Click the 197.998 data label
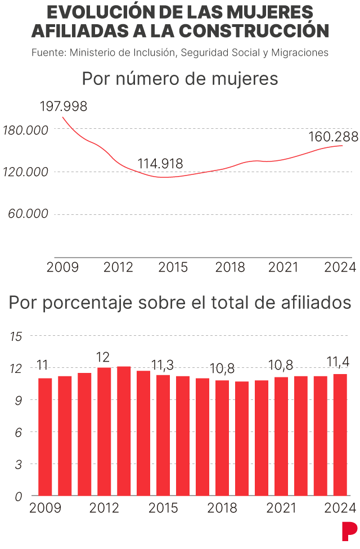[x=64, y=106]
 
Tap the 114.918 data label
[x=160, y=164]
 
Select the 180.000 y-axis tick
[x=25, y=130]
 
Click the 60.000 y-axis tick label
[x=29, y=214]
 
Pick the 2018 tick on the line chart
[x=230, y=267]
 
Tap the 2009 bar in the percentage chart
[x=45, y=436]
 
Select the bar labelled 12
[x=104, y=431]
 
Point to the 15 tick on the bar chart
[x=16, y=336]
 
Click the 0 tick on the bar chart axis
[x=18, y=497]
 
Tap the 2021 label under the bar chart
[x=281, y=508]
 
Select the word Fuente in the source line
[x=47, y=53]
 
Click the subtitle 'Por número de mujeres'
[x=180, y=79]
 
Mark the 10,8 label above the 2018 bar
[x=222, y=370]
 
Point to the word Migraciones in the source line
[x=299, y=53]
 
